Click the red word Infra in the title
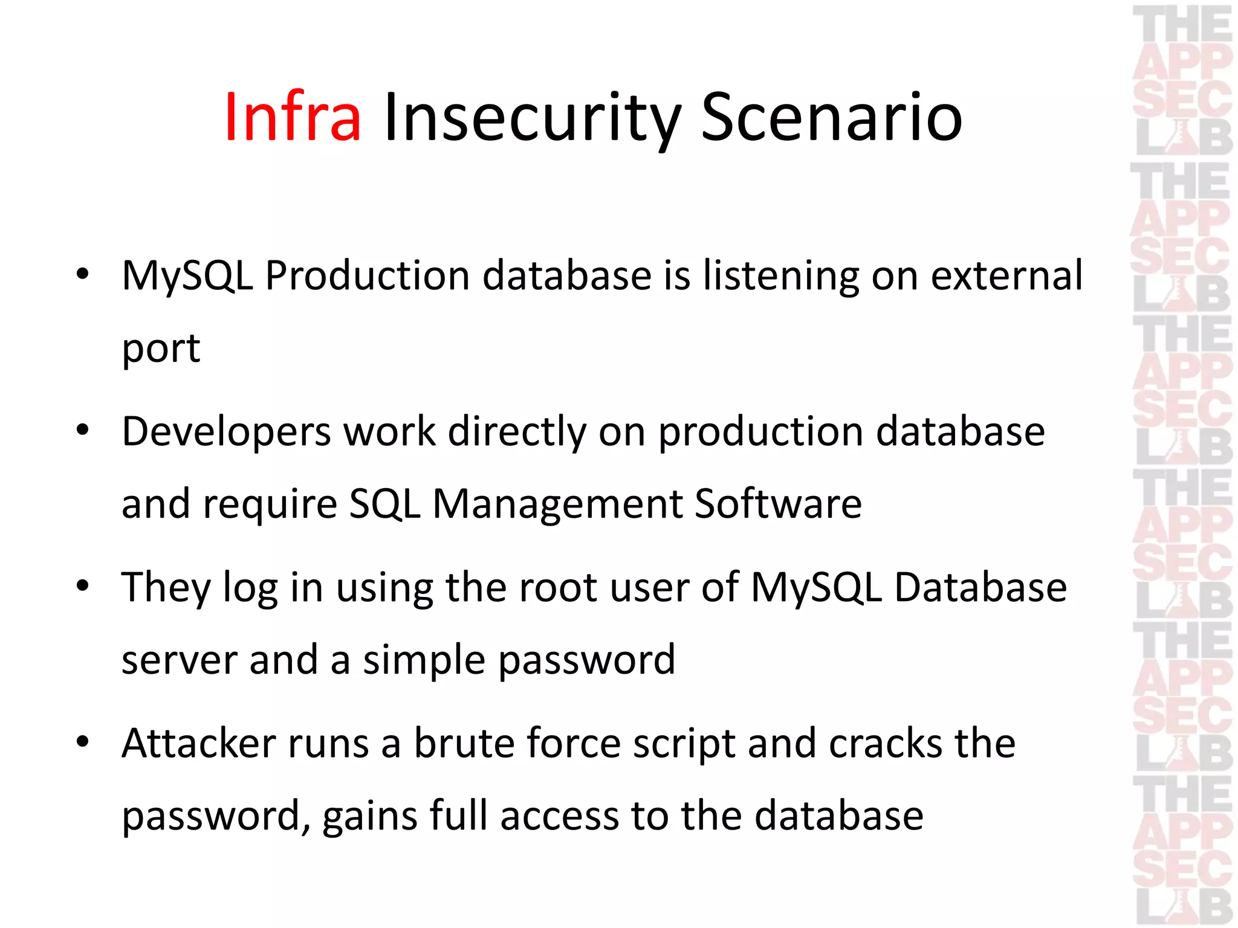click(293, 117)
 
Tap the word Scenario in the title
click(831, 117)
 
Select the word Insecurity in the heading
click(532, 117)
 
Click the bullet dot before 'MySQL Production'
click(83, 275)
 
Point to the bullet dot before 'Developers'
click(83, 431)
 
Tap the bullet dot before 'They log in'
click(83, 586)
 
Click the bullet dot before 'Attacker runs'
click(83, 742)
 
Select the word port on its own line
click(161, 349)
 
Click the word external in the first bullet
click(1006, 275)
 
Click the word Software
click(778, 504)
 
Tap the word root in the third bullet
click(559, 587)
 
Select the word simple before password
click(423, 660)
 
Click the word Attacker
click(199, 743)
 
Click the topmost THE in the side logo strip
click(1182, 24)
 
